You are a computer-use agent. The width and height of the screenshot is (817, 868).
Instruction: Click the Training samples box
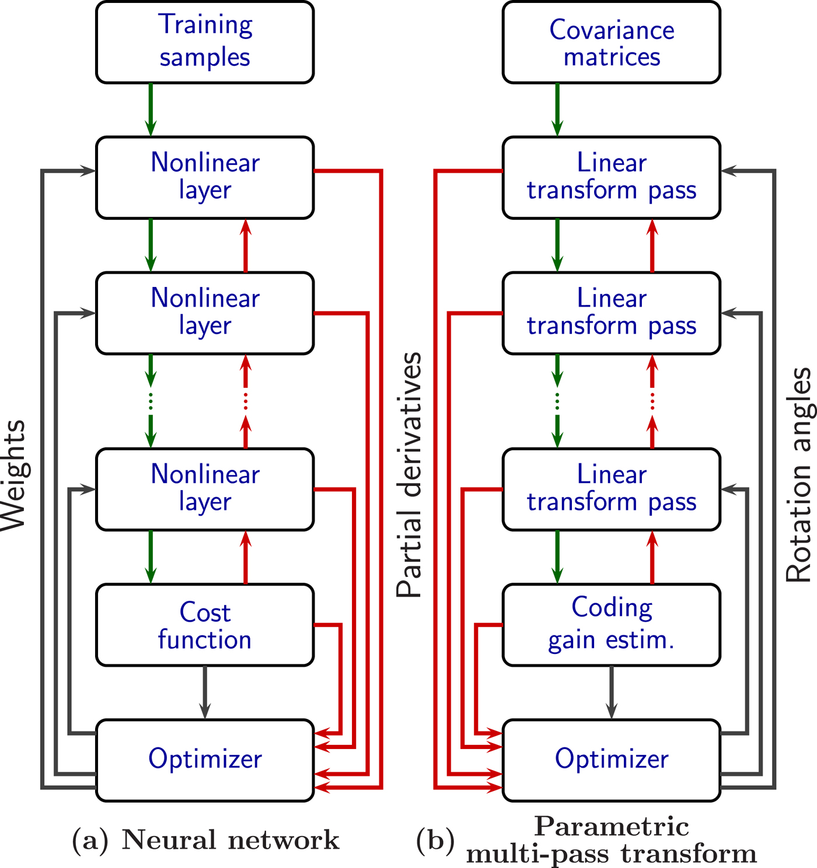click(205, 42)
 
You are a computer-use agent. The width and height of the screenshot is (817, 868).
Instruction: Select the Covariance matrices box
click(611, 42)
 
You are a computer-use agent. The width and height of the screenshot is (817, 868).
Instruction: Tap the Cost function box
click(205, 625)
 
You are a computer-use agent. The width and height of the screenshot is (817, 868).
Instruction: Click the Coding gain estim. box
click(611, 625)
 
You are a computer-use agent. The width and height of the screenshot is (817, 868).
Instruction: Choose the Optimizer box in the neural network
click(205, 759)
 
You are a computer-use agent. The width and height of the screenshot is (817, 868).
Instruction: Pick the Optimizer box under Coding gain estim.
click(611, 759)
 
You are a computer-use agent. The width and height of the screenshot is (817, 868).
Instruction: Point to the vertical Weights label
click(14, 475)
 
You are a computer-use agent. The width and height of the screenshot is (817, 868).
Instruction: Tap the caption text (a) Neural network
click(205, 840)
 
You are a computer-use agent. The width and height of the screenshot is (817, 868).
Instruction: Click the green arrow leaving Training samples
click(151, 110)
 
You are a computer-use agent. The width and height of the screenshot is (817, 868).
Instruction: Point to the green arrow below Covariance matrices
click(557, 110)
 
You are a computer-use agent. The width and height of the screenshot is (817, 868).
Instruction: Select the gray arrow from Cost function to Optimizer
click(205, 692)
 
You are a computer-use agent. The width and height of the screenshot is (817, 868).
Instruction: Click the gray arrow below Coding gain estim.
click(611, 692)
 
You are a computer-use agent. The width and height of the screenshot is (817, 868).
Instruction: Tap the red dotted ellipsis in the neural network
click(246, 401)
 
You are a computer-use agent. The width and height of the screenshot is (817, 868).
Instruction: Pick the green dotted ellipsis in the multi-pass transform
click(557, 401)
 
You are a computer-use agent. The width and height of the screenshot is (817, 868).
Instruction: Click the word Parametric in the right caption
click(612, 827)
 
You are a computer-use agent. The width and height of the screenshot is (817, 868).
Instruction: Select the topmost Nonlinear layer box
click(205, 177)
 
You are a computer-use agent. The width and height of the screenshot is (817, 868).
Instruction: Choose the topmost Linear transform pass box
click(611, 177)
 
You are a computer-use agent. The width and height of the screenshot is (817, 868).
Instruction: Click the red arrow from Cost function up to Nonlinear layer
click(246, 557)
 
